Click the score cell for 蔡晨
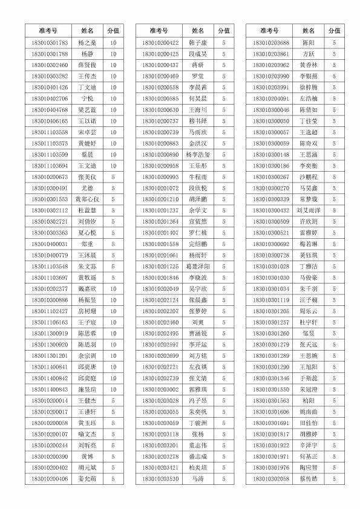(113, 155)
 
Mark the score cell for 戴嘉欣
(113, 289)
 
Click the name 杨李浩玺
(198, 155)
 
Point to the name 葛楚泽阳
(198, 267)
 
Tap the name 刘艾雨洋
(308, 210)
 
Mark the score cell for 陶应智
(334, 468)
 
